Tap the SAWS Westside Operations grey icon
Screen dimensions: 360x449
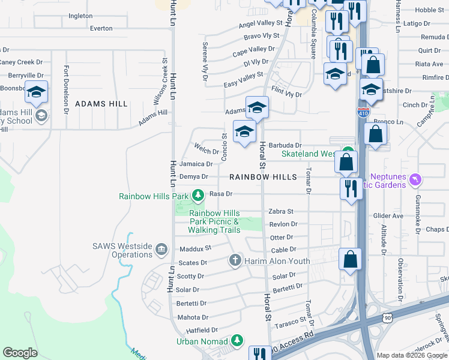(x=161, y=249)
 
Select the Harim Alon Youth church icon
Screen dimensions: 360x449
(x=235, y=261)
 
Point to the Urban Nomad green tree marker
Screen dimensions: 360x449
(x=238, y=341)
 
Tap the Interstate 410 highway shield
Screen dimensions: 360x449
(x=367, y=112)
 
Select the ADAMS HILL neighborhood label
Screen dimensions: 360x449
(x=101, y=104)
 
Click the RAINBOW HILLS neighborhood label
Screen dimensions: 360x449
(x=263, y=177)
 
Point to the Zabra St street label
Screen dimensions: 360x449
(x=281, y=212)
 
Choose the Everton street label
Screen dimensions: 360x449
(x=101, y=28)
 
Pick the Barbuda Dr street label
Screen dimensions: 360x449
(x=285, y=145)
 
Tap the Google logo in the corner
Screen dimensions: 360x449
(x=20, y=353)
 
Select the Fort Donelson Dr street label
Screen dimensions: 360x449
(x=67, y=88)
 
